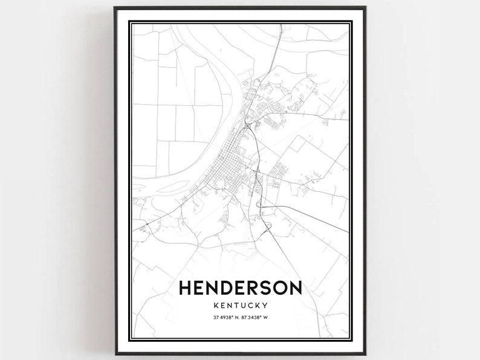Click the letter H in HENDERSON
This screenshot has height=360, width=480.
(186, 289)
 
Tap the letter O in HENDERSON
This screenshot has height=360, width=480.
(283, 289)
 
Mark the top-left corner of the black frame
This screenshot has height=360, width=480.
(115, 8)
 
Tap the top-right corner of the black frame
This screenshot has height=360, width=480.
(365, 8)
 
